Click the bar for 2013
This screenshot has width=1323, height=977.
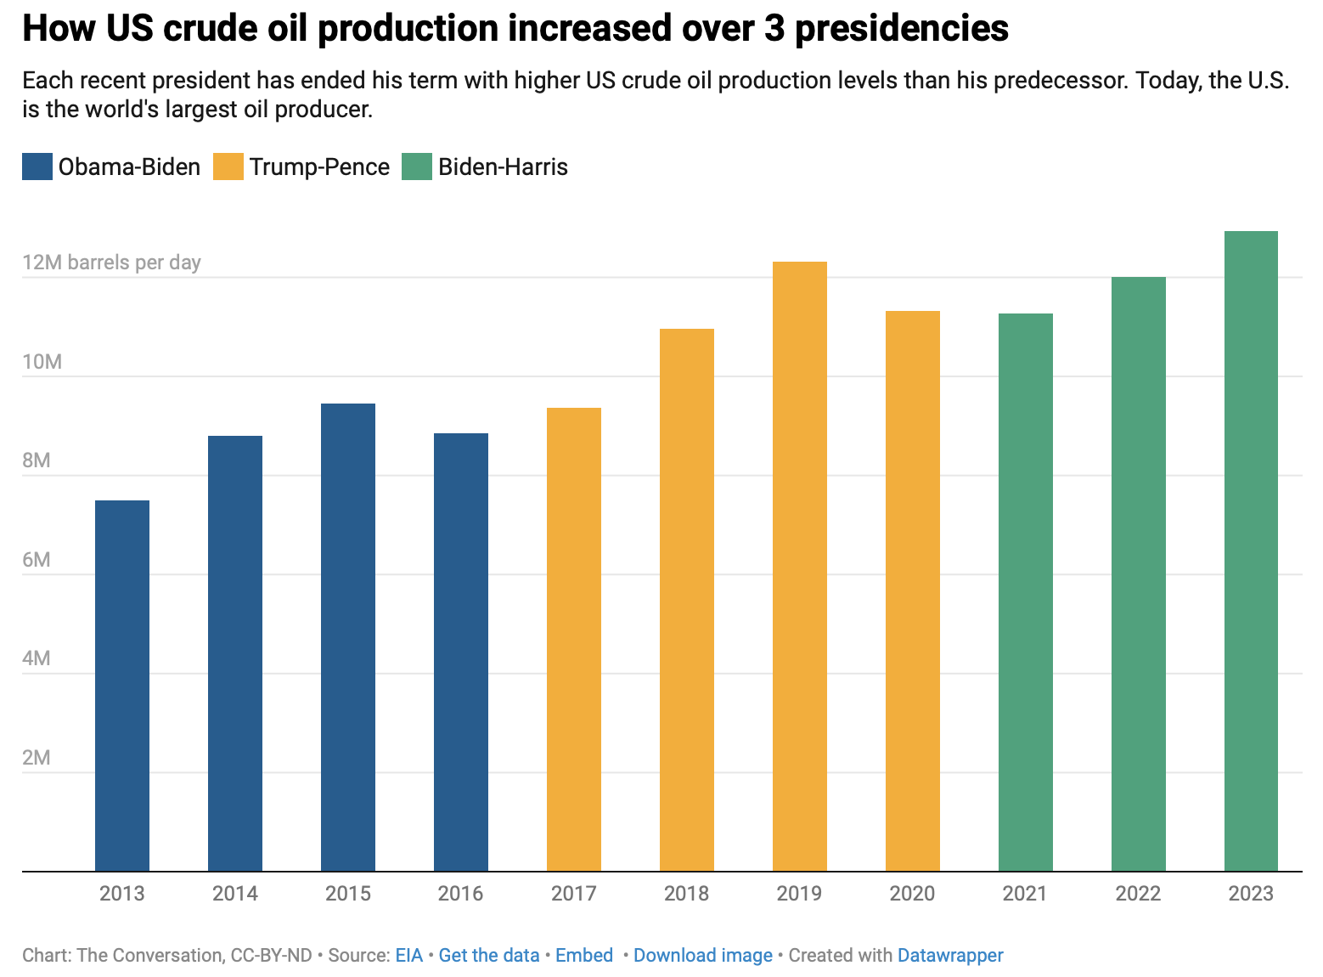pyautogui.click(x=122, y=686)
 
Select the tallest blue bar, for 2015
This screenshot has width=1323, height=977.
pyautogui.click(x=348, y=637)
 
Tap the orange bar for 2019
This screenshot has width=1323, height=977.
pyautogui.click(x=799, y=566)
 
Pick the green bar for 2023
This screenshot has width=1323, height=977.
pyautogui.click(x=1251, y=551)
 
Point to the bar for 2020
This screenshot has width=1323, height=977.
pyautogui.click(x=912, y=590)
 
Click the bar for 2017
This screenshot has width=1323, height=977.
pyautogui.click(x=574, y=639)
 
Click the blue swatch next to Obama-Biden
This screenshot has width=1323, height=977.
pyautogui.click(x=37, y=167)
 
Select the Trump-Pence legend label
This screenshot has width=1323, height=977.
pyautogui.click(x=319, y=167)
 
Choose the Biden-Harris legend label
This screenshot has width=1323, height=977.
pyautogui.click(x=503, y=167)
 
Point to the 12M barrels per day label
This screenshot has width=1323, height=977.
pyautogui.click(x=111, y=262)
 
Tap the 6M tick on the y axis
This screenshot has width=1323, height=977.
pyautogui.click(x=37, y=559)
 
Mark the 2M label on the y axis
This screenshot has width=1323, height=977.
pyautogui.click(x=37, y=757)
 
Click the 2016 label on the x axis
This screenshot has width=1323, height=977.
pyautogui.click(x=460, y=894)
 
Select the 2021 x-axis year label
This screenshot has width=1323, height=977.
pyautogui.click(x=1025, y=894)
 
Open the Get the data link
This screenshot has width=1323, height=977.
pyautogui.click(x=489, y=955)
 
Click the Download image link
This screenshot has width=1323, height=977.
pyautogui.click(x=702, y=955)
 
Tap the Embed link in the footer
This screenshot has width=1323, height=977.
pyautogui.click(x=584, y=955)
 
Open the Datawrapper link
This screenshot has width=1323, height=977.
pyautogui.click(x=950, y=955)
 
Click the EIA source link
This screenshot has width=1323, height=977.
pyautogui.click(x=408, y=955)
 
